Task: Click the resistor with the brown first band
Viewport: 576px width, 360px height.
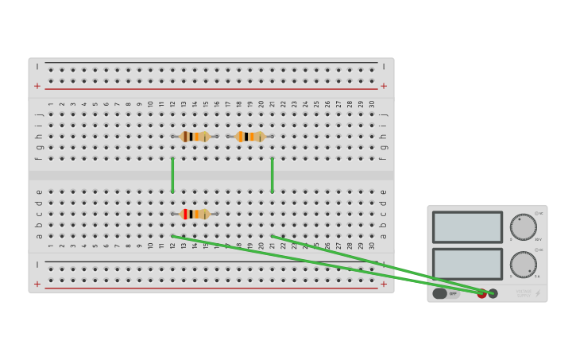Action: coord(195,137)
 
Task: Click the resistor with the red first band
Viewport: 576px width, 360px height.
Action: coord(195,214)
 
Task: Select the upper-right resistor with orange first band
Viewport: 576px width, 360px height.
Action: coord(250,137)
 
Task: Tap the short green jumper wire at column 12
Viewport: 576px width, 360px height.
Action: coord(172,175)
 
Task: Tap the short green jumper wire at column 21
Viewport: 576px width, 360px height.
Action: coord(273,175)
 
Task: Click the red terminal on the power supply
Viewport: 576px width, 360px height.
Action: coord(481,293)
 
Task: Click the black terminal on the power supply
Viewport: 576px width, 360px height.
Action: coord(493,293)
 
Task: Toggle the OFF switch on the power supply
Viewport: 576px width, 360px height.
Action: coord(446,293)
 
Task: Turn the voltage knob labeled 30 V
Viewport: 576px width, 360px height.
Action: coord(523,226)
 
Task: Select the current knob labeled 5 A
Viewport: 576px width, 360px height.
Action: coord(523,265)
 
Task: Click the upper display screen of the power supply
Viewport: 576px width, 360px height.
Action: coord(467,226)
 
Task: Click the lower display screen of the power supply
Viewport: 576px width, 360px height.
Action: coord(467,264)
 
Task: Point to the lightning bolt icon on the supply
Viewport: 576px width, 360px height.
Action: coord(538,293)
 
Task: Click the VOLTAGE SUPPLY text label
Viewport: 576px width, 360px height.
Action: coord(524,293)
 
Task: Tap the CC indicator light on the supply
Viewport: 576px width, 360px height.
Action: coord(537,250)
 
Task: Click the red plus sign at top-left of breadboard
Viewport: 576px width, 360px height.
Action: coord(37,86)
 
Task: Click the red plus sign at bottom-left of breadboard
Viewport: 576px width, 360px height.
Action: coord(37,284)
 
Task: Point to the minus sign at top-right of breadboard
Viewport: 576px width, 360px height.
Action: coord(384,67)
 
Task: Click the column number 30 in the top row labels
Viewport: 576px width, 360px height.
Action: coord(371,103)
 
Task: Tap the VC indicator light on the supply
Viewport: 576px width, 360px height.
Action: coord(537,213)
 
